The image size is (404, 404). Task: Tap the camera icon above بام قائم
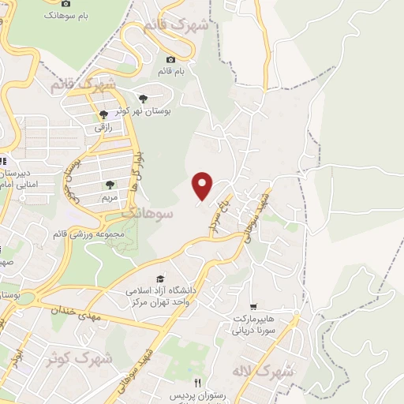coord(171,59)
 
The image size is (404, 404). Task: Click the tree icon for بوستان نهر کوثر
coord(143,99)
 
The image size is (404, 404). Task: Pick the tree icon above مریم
coord(110,185)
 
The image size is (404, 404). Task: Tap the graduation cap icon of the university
coord(160,279)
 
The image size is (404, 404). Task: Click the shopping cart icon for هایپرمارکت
coord(252,305)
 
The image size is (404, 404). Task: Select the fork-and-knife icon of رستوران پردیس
coord(198,383)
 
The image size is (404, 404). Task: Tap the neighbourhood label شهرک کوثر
coord(79,359)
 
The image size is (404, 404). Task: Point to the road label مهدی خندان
coord(74,309)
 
